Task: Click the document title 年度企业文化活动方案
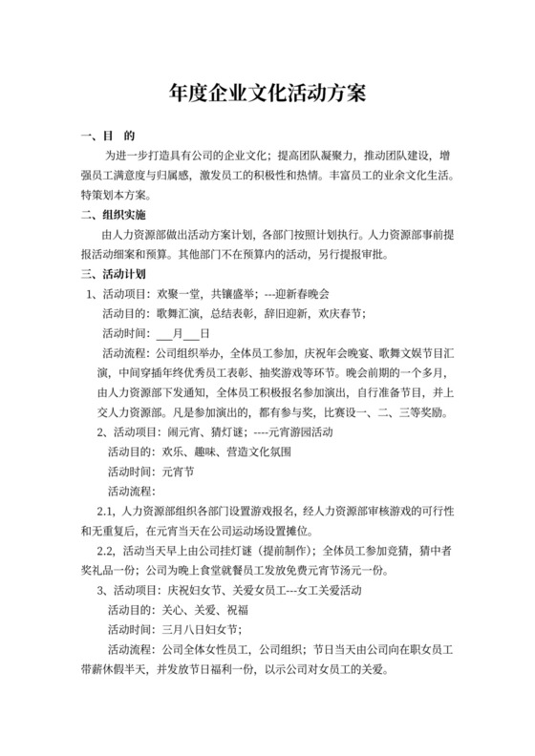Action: pos(267,94)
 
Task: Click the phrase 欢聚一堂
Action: pos(181,293)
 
